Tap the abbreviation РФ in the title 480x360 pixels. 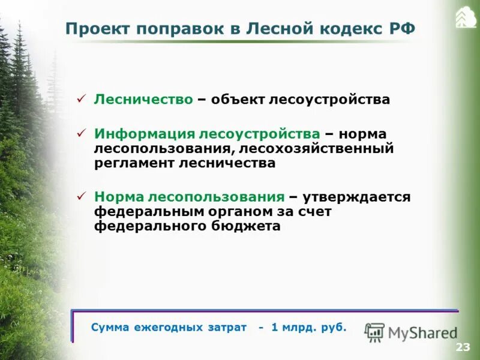pyautogui.click(x=401, y=29)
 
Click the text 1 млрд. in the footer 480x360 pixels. pyautogui.click(x=292, y=328)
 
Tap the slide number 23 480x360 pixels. pyautogui.click(x=463, y=347)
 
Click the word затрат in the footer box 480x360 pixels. pyautogui.click(x=227, y=328)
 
